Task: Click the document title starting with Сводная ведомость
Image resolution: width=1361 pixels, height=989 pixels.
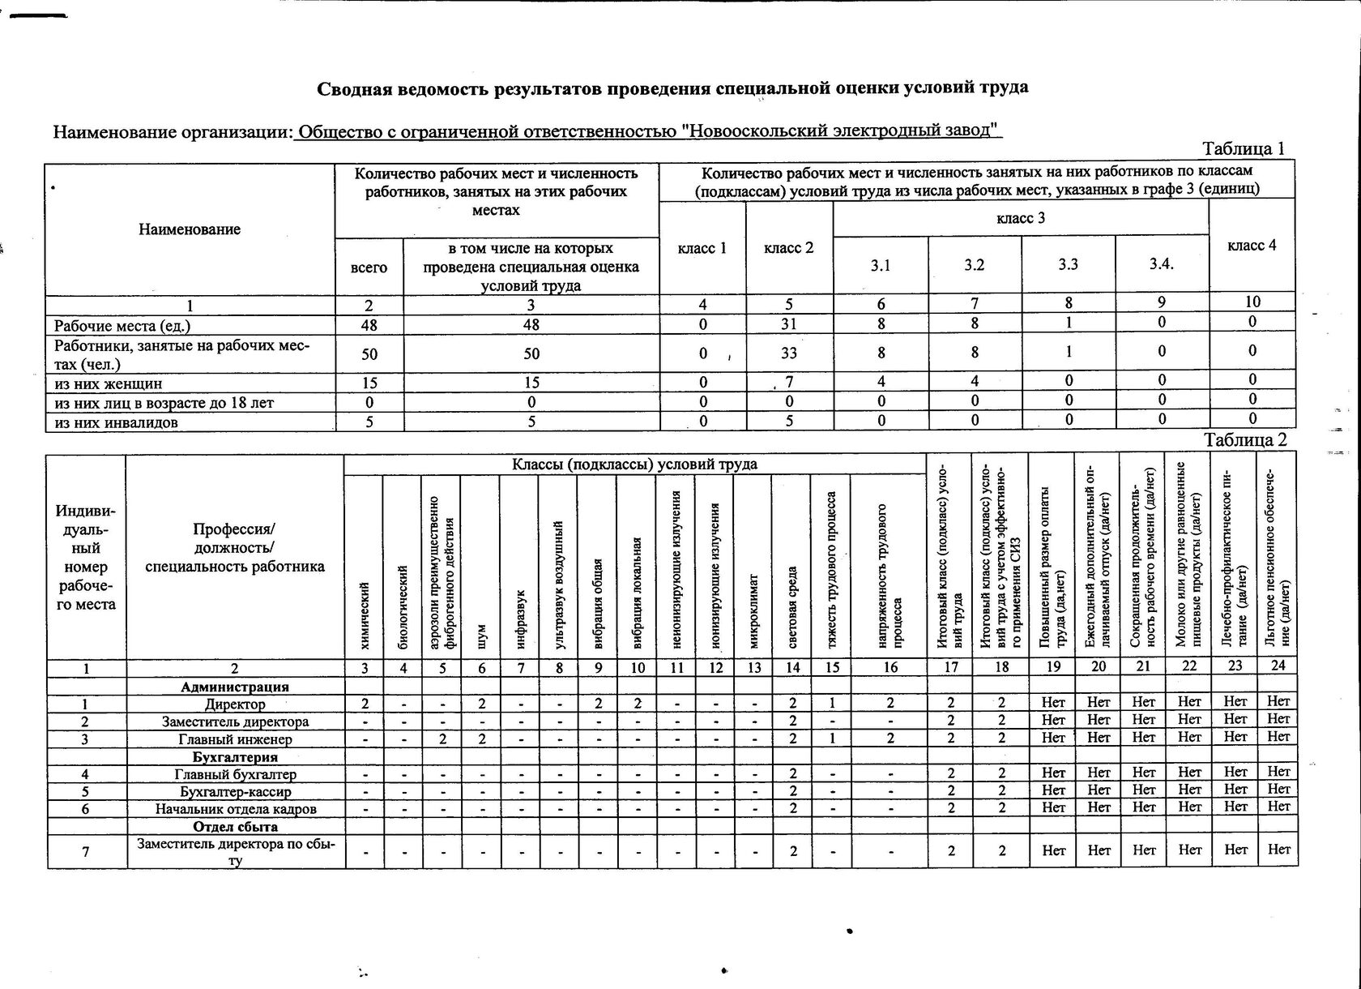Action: (672, 88)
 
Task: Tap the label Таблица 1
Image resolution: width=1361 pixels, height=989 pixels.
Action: (1244, 149)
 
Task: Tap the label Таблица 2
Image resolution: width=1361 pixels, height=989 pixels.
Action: (1245, 440)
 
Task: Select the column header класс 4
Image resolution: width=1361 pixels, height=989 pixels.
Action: (1252, 246)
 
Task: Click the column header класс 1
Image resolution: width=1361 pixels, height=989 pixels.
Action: (702, 248)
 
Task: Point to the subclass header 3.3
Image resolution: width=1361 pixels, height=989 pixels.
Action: (1068, 264)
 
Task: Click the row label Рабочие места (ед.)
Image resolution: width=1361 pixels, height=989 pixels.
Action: (122, 326)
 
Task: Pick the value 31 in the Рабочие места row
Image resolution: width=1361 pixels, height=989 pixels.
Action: (788, 323)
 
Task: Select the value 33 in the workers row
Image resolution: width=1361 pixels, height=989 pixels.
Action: (788, 353)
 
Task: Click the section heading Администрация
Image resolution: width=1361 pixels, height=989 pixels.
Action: (235, 687)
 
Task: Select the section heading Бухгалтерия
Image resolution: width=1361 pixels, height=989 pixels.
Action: (235, 757)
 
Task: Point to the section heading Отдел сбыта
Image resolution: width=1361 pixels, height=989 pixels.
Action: (235, 827)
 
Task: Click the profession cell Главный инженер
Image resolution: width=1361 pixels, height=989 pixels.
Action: (235, 739)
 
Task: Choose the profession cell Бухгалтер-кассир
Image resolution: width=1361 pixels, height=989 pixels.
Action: (235, 791)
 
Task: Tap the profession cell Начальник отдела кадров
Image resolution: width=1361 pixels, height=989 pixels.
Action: (235, 809)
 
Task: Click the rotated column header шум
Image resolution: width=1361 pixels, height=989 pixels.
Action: (481, 636)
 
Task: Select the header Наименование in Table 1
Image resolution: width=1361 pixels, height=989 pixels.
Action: (190, 229)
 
